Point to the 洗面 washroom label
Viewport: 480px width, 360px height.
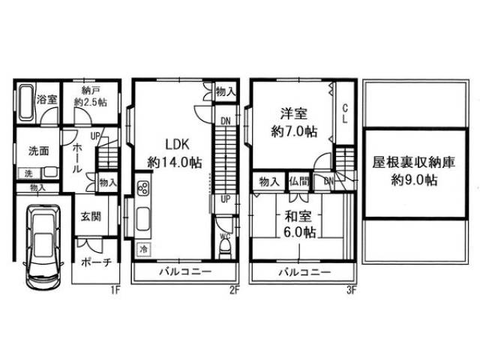pyautogui.click(x=39, y=151)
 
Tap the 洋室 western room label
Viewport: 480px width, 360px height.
pyautogui.click(x=292, y=114)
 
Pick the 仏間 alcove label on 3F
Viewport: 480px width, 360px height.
pyautogui.click(x=298, y=181)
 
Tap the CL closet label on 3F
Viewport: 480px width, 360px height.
pyautogui.click(x=345, y=115)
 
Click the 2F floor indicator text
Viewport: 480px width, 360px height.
pyautogui.click(x=233, y=287)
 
